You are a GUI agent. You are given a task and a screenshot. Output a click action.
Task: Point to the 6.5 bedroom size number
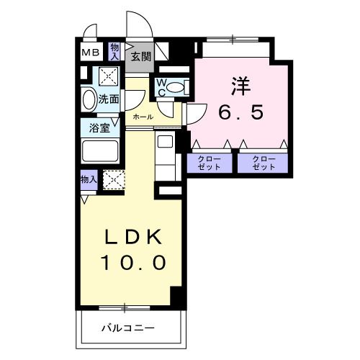241,112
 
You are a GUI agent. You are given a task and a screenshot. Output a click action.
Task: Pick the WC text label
162,88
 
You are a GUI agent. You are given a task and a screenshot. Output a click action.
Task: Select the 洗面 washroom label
109,99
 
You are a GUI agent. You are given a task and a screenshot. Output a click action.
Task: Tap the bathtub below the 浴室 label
100,152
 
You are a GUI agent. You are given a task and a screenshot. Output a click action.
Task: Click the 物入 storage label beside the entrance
115,50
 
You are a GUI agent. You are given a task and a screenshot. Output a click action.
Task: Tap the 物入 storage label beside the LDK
88,179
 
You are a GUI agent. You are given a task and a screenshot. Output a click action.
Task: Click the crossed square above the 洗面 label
108,76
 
